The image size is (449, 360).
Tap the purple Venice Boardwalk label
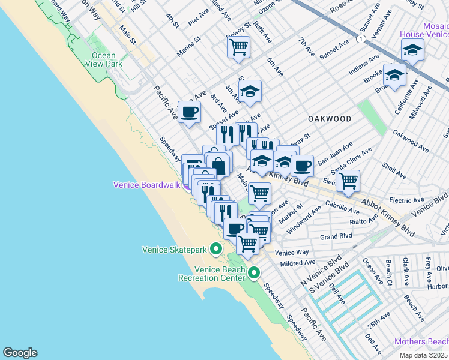coord(147,185)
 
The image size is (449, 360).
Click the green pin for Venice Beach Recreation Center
coord(254,273)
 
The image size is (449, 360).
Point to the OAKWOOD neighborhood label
coord(329,119)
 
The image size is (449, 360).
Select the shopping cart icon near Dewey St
coord(239,47)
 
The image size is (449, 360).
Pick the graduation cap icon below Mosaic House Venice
coord(394,76)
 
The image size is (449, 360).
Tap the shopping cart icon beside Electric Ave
coord(348,180)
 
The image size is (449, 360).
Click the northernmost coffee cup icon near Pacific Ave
coord(190,112)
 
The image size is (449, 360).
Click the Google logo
coord(20,353)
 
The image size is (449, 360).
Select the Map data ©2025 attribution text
coord(423,355)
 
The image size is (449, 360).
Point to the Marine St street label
coord(193,47)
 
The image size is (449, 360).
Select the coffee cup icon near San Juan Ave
coord(302,165)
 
